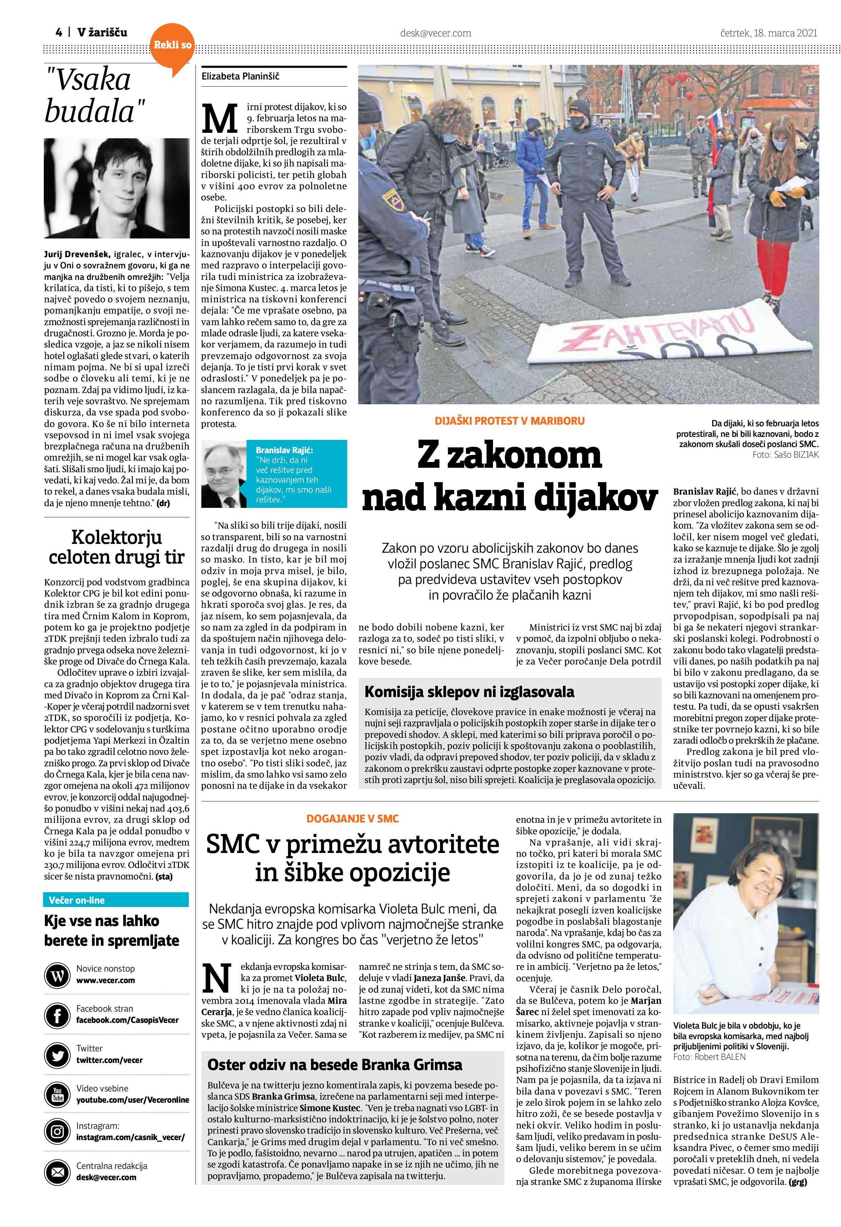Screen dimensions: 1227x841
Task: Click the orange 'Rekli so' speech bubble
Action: pos(172,47)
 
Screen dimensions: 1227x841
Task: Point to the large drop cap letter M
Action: pos(219,119)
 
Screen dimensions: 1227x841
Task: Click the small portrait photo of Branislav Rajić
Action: pos(223,473)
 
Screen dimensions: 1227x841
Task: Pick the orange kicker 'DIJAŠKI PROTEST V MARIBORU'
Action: pos(509,421)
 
